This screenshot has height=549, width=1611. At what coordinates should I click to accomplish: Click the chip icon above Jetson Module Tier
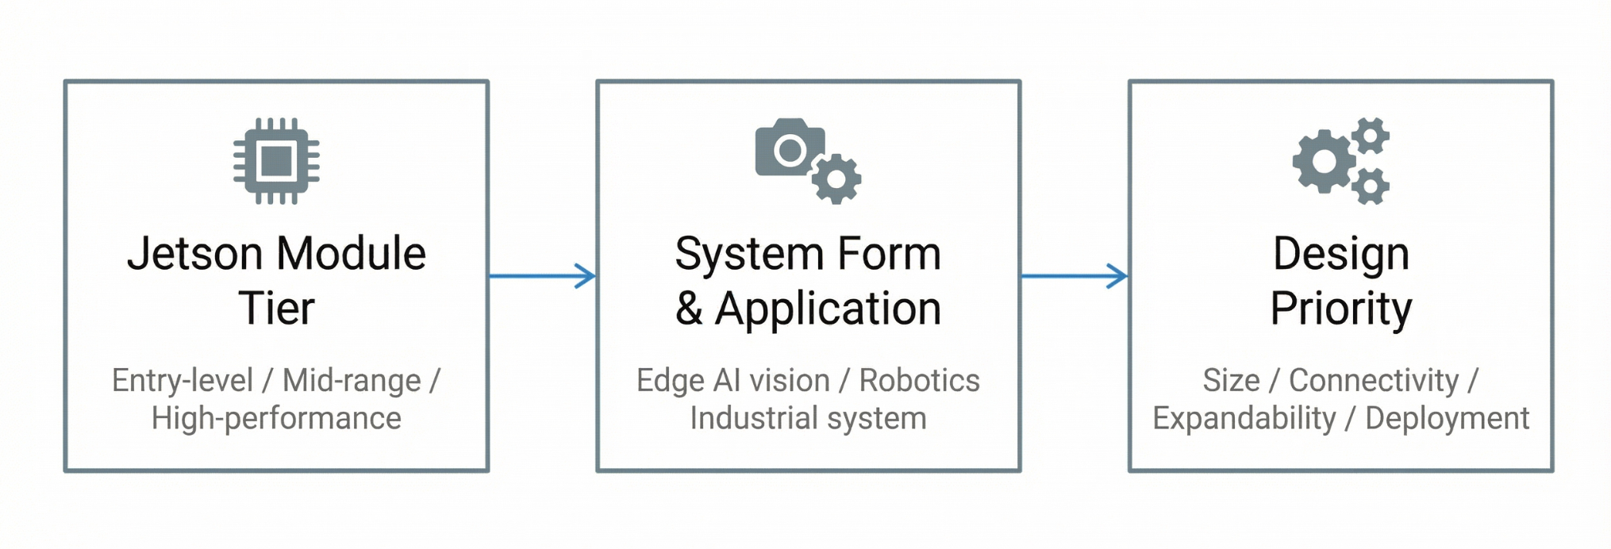[276, 161]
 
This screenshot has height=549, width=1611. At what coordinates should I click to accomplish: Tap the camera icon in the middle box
[789, 148]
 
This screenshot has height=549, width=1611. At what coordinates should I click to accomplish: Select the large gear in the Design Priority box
[1324, 162]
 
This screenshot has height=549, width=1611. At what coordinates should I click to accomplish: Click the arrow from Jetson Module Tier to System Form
[542, 276]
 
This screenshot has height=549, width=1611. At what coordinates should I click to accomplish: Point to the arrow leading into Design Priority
[1074, 276]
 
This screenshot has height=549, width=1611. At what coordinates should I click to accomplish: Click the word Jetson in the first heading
[194, 254]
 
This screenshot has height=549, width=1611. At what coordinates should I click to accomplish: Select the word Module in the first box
[352, 254]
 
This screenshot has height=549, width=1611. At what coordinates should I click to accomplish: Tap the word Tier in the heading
[276, 308]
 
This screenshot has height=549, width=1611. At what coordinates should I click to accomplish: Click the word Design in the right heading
[1341, 254]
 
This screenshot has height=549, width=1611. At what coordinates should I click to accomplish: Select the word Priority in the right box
[1341, 308]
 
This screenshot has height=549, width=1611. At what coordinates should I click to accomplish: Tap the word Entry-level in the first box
[183, 381]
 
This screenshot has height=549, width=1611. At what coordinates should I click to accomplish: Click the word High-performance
[276, 418]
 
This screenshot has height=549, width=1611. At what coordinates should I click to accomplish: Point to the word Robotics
[919, 381]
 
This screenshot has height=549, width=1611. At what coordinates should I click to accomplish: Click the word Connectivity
[1374, 381]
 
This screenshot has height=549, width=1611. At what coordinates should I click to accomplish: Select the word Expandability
[1244, 418]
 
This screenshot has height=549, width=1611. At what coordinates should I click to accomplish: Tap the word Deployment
[1447, 418]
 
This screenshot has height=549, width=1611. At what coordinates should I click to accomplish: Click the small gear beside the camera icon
[836, 179]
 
